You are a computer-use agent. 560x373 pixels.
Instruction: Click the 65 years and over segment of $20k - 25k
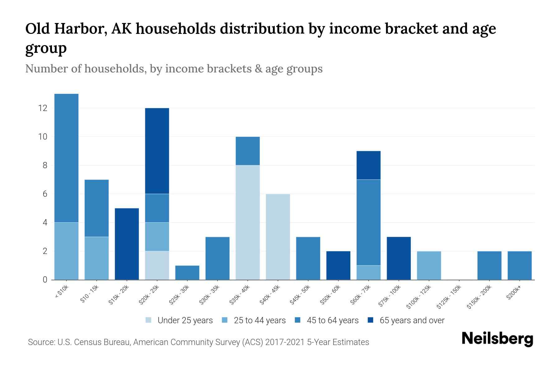(157, 151)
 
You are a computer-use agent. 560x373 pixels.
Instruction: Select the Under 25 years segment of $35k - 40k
(248, 222)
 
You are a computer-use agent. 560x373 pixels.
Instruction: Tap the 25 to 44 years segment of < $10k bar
(66, 251)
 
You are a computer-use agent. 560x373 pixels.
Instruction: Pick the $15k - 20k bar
(127, 244)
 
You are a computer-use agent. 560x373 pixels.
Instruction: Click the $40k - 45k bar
(278, 237)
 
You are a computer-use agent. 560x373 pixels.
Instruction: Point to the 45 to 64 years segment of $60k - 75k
(369, 222)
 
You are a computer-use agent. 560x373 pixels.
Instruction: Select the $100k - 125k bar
(429, 265)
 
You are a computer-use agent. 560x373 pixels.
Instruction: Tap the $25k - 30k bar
(187, 273)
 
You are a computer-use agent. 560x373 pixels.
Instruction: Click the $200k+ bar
(520, 265)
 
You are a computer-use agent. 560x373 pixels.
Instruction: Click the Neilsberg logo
(497, 338)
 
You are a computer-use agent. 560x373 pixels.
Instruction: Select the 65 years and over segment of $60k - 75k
(369, 165)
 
